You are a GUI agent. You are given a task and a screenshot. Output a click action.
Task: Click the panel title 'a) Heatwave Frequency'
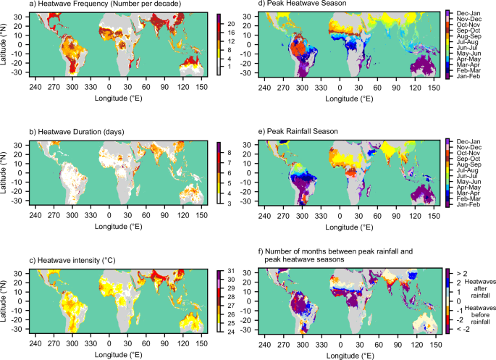click(x=93, y=5)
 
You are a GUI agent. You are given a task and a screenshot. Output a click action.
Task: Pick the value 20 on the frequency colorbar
click(x=230, y=24)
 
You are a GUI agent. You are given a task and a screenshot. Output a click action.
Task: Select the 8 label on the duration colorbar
click(x=228, y=154)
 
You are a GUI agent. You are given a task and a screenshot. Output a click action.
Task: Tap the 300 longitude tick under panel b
click(x=72, y=214)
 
